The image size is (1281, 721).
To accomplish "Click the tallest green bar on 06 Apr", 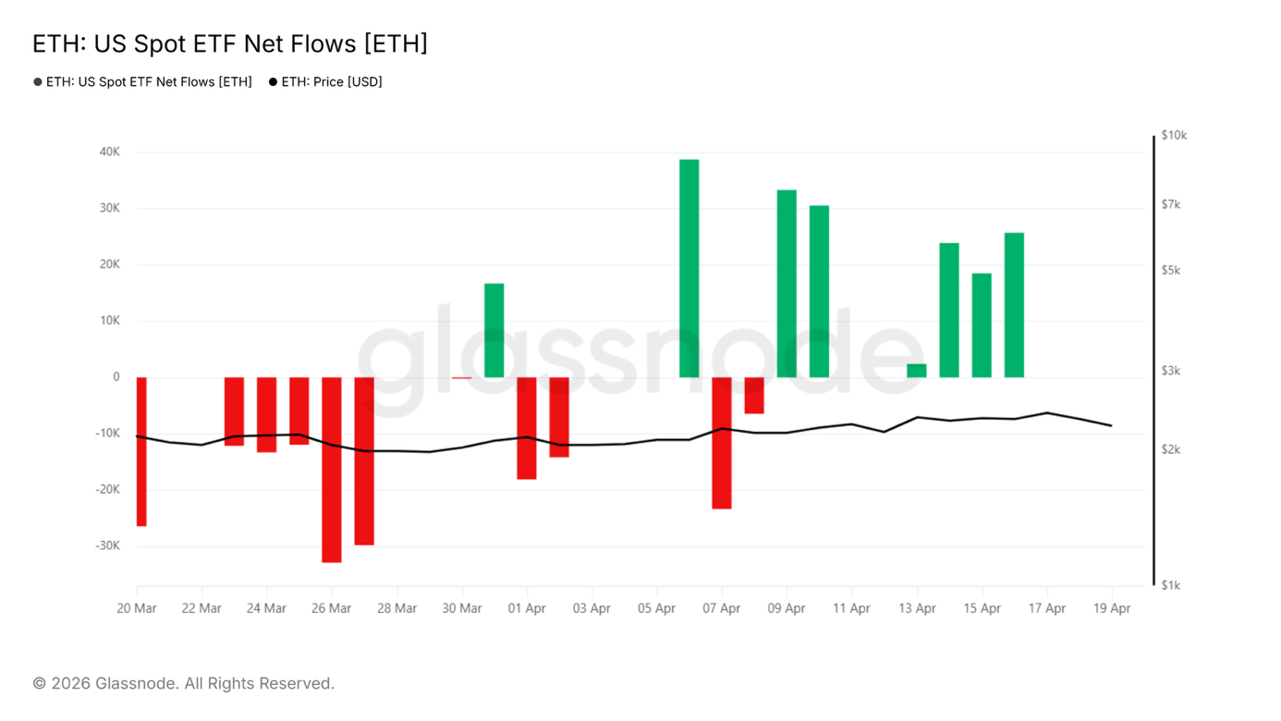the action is point(689,268).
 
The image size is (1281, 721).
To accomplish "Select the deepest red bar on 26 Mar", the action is point(332,470).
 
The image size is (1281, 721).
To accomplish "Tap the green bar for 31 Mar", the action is point(494,331).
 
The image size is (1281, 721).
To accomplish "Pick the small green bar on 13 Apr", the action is point(917,371).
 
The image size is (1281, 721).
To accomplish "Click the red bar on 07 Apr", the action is point(722,443).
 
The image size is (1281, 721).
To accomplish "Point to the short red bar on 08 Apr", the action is point(754,396).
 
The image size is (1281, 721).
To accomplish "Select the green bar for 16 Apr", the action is point(1014,305).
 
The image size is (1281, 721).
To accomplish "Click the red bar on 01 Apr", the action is point(527,428).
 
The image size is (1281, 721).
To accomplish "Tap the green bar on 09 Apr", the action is point(787,284).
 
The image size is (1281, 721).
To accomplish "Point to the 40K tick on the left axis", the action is point(110,153).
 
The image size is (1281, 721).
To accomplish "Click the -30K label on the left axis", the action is point(107,545).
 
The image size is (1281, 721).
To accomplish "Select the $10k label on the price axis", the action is point(1174,136).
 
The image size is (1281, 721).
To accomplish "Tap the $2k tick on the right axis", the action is point(1171,449).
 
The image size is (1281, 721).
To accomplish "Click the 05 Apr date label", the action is point(656,608).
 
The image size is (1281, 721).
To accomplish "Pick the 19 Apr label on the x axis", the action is point(1112,608).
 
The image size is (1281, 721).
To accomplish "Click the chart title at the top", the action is point(230,44).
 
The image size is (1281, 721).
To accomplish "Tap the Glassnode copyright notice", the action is point(184,683).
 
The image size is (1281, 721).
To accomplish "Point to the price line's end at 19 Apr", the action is point(1112,425).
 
